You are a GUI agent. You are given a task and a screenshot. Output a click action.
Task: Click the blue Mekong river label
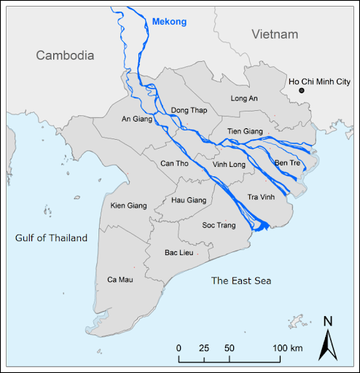171,22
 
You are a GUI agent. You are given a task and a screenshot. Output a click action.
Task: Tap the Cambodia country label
66,55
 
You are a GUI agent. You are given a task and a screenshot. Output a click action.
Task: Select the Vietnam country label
275,34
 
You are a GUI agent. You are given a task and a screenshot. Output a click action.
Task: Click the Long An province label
245,98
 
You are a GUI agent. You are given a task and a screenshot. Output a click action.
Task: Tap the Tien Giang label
244,131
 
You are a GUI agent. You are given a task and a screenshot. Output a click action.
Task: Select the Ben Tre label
287,162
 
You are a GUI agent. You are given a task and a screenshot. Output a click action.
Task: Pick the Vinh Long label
230,165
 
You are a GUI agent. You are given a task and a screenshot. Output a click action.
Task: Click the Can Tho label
174,163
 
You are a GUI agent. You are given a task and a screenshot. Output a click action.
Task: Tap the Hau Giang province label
188,200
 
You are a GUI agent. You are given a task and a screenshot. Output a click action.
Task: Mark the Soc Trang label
219,225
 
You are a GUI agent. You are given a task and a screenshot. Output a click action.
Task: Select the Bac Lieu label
179,252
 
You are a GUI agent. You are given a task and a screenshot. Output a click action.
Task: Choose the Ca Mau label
121,279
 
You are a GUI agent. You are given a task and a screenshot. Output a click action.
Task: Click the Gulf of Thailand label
51,238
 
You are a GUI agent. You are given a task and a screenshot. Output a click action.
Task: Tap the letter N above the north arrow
328,321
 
